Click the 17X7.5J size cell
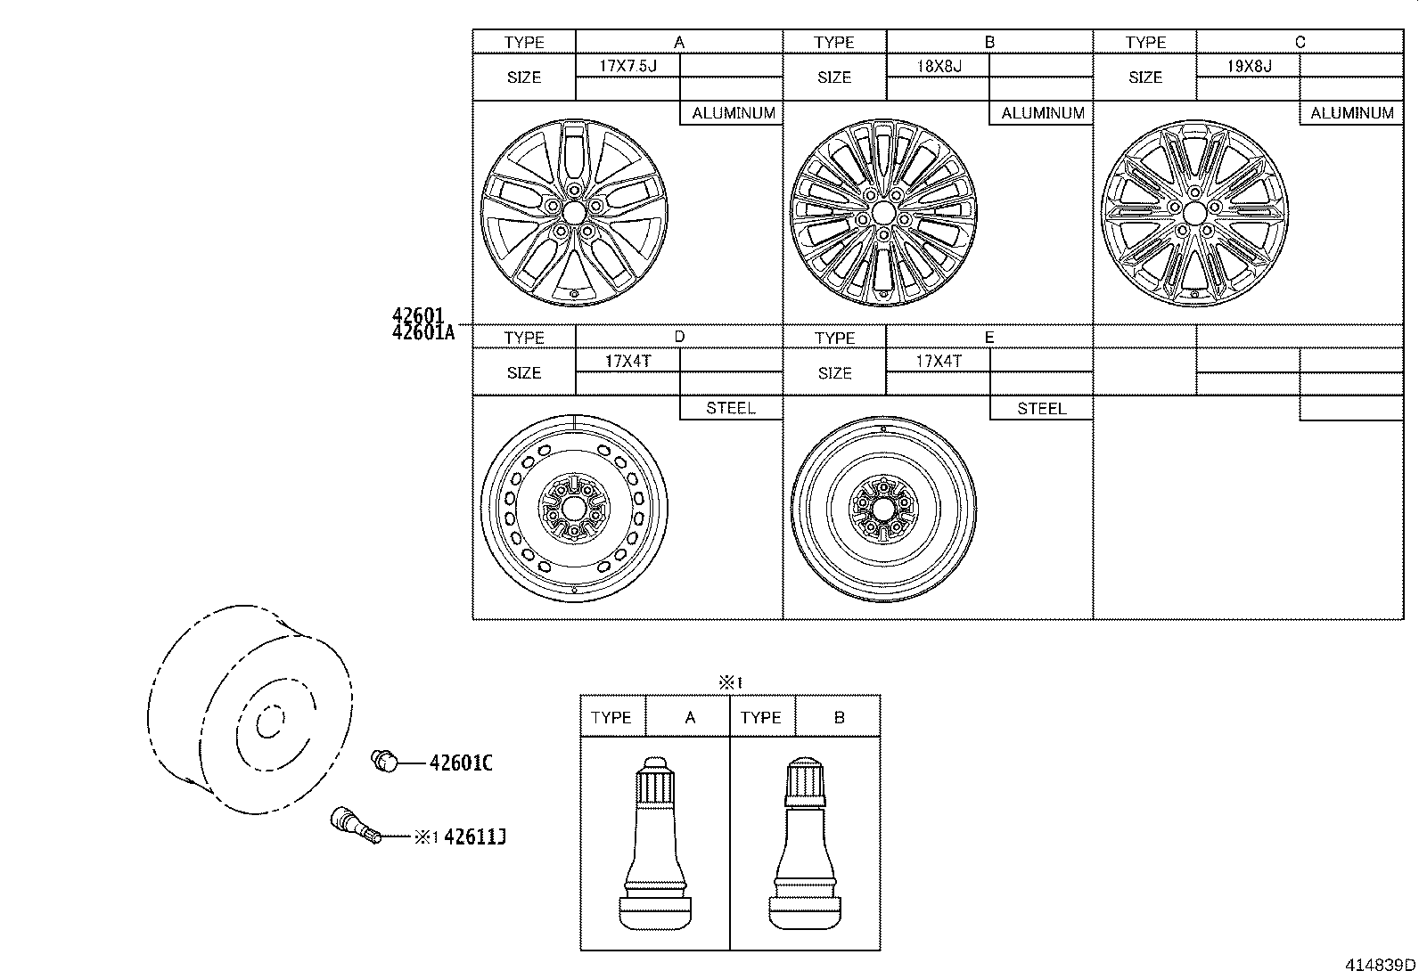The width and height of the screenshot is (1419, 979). click(627, 65)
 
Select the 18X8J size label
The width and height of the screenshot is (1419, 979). click(939, 65)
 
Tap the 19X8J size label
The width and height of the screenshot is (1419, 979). click(1249, 65)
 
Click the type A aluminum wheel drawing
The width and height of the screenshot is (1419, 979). click(573, 212)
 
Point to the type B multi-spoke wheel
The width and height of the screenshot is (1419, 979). click(883, 213)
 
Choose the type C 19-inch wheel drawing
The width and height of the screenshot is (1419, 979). click(1193, 212)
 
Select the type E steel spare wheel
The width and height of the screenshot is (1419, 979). click(882, 509)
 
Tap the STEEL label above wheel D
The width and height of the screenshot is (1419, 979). click(731, 408)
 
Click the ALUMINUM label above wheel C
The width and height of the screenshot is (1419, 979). click(1351, 113)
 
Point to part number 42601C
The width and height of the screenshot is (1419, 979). click(461, 763)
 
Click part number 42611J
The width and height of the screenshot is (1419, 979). click(474, 836)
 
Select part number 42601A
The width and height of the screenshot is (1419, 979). click(422, 333)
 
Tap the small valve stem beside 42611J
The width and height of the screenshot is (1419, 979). click(355, 825)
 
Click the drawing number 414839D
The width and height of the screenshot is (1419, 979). click(1380, 965)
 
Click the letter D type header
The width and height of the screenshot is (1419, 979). click(679, 336)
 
